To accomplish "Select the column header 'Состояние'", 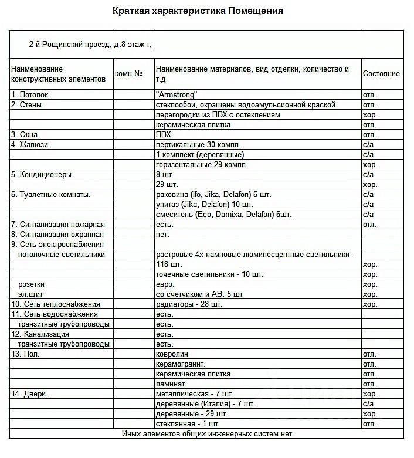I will (381, 73).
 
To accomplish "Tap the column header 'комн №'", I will (130, 74).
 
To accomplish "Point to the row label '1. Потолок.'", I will (30, 94).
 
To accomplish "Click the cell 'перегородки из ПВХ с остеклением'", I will (218, 114).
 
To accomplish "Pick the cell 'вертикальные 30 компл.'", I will (199, 144).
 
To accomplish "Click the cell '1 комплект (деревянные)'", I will (200, 154).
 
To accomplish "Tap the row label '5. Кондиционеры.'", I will (42, 174).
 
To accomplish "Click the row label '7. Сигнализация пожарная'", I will (57, 224).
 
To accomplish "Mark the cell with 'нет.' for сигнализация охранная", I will (162, 234).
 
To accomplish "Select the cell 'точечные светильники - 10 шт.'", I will (210, 274).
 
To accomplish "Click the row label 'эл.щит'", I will (30, 294).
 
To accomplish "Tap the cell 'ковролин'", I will (172, 354).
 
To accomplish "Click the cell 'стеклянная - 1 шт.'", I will (188, 423).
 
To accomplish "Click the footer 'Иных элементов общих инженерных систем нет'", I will (206, 433).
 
